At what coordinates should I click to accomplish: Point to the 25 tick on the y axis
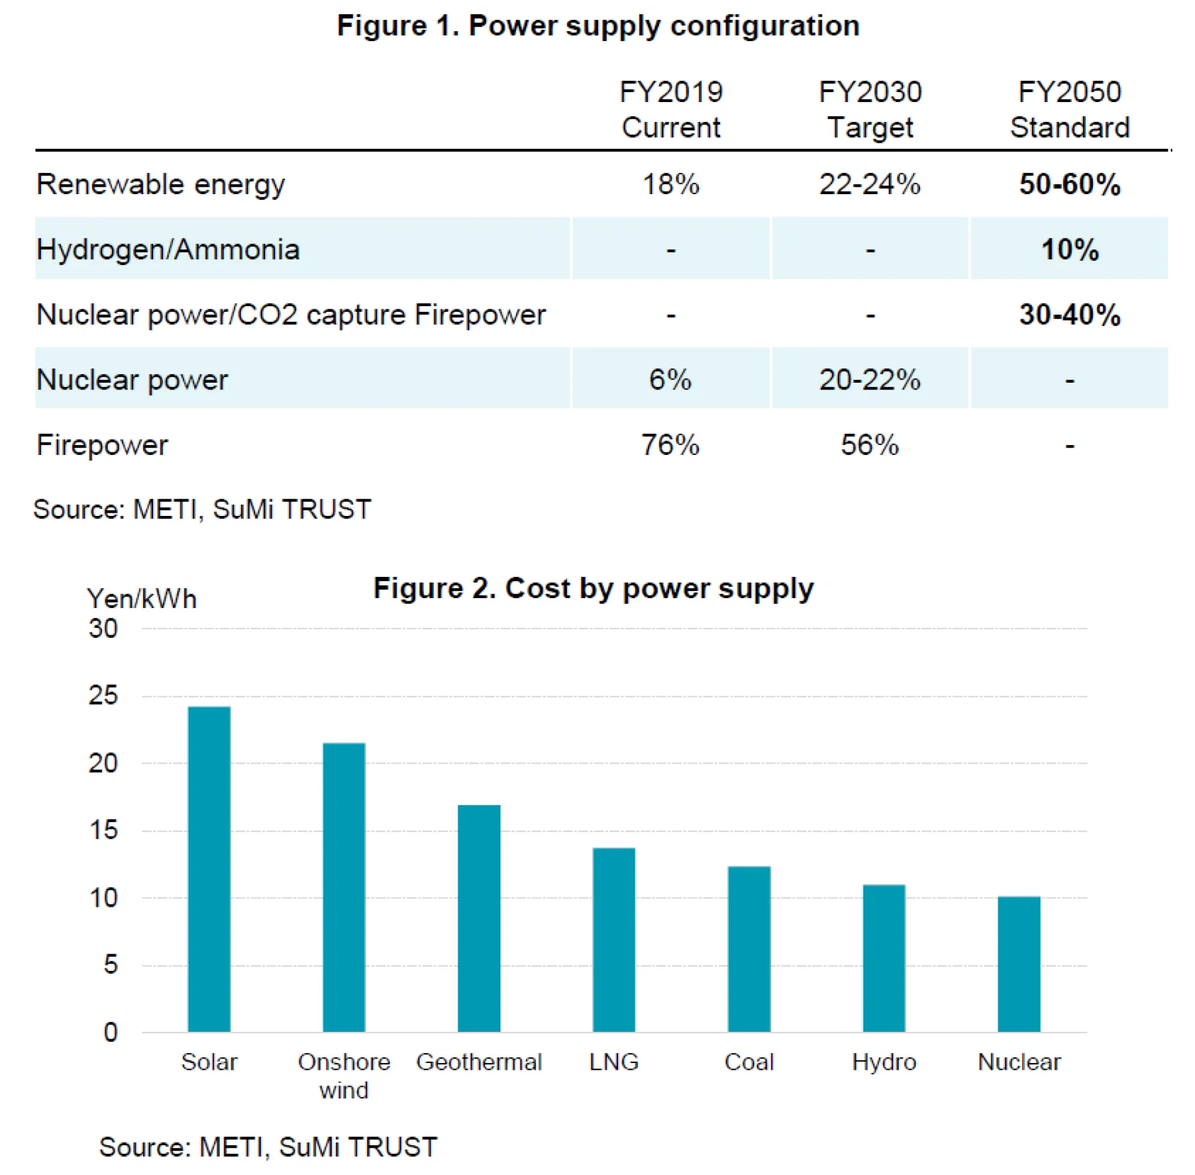click(103, 696)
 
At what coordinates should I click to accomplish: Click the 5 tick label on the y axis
click(110, 965)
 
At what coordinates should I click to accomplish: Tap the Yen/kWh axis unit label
click(142, 599)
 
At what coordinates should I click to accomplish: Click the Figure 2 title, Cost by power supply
click(593, 588)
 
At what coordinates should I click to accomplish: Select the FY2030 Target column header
click(869, 110)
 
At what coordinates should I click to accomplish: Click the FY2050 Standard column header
click(1069, 110)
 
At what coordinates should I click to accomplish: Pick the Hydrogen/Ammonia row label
click(168, 249)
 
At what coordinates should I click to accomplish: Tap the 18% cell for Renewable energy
click(670, 184)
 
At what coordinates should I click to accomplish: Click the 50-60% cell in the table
click(1069, 184)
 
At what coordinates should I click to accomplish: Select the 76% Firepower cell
click(670, 445)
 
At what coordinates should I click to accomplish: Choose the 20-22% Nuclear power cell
click(869, 380)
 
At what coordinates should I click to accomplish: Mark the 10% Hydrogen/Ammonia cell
click(1069, 249)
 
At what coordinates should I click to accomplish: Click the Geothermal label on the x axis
click(479, 1062)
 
